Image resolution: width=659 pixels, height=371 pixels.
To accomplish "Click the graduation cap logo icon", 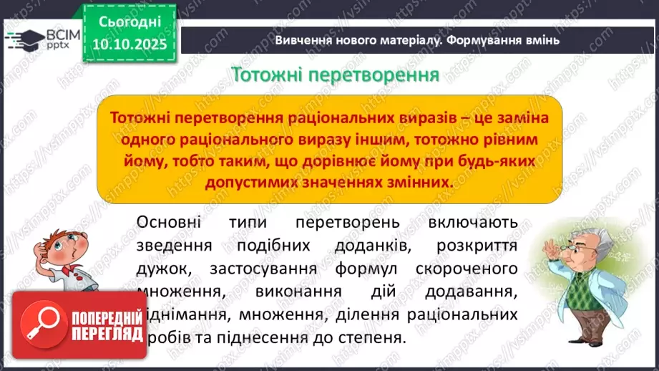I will click(24, 39).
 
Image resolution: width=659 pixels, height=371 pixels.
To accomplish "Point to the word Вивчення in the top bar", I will click(304, 40).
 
